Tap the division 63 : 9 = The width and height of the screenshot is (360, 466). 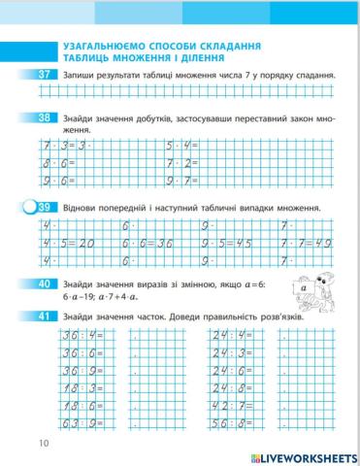pos(64,424)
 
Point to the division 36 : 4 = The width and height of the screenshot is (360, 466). pos(64,335)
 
